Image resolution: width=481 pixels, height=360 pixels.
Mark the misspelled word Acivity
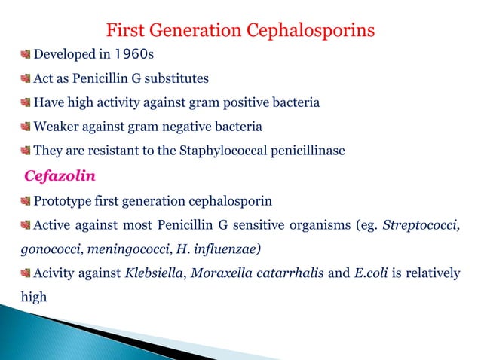pos(55,273)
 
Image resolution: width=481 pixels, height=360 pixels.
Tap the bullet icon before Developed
pos(25,54)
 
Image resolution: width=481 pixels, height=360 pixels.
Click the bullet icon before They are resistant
pos(25,151)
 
